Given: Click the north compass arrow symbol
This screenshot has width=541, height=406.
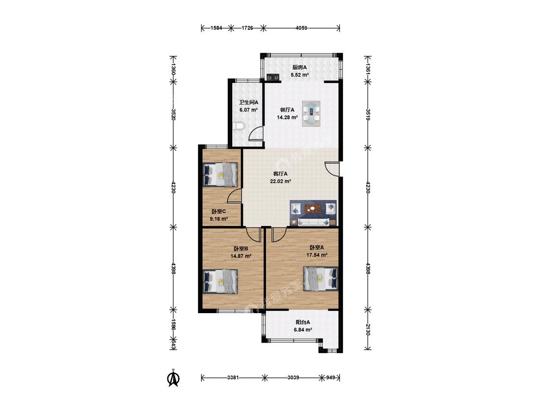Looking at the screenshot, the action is coord(174,378).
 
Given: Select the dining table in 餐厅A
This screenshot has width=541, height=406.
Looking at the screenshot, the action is coord(311,114).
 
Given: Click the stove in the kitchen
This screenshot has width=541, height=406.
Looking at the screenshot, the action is coord(273,77).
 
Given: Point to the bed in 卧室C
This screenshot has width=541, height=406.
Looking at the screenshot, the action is coord(220,174).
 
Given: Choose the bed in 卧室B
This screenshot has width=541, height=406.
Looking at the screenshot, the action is coord(220,281).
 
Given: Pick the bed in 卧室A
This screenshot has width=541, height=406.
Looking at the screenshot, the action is coord(321,279).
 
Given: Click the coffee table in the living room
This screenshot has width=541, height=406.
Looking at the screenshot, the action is coord(313,208).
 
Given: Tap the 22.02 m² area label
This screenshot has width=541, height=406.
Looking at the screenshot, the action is coord(280,181).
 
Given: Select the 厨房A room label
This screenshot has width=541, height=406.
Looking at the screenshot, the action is coord(300,67).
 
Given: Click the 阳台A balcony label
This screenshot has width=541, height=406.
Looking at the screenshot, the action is coord(303,322).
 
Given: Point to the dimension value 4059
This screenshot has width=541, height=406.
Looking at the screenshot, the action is coord(301,28).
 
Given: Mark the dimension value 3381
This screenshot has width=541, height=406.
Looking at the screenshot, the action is coord(233,378).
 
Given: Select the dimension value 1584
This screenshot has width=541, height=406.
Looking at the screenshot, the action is coord(216,28).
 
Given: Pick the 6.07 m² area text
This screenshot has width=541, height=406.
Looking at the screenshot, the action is coord(249,110).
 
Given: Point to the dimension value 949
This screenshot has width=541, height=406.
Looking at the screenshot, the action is coord(331,378).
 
